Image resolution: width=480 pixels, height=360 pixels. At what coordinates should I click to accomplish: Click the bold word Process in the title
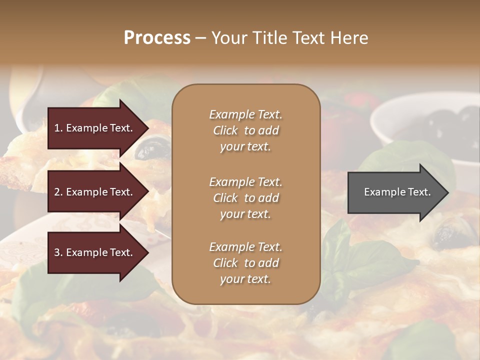pyautogui.click(x=157, y=38)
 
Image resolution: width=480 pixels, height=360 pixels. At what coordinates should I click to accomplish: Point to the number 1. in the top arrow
pyautogui.click(x=58, y=128)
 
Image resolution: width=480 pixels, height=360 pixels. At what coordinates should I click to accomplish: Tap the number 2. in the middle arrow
pyautogui.click(x=58, y=192)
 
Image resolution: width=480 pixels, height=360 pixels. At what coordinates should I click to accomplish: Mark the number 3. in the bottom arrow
pyautogui.click(x=58, y=252)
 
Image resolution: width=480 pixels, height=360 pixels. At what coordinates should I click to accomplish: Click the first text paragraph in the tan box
pyautogui.click(x=245, y=130)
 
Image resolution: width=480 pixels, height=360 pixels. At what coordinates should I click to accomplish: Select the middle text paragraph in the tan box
pyautogui.click(x=245, y=198)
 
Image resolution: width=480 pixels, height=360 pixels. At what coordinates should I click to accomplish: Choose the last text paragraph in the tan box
pyautogui.click(x=245, y=263)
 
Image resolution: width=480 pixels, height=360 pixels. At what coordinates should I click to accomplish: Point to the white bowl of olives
pyautogui.click(x=425, y=120)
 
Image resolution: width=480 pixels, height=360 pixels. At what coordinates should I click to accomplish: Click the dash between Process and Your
pyautogui.click(x=201, y=38)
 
